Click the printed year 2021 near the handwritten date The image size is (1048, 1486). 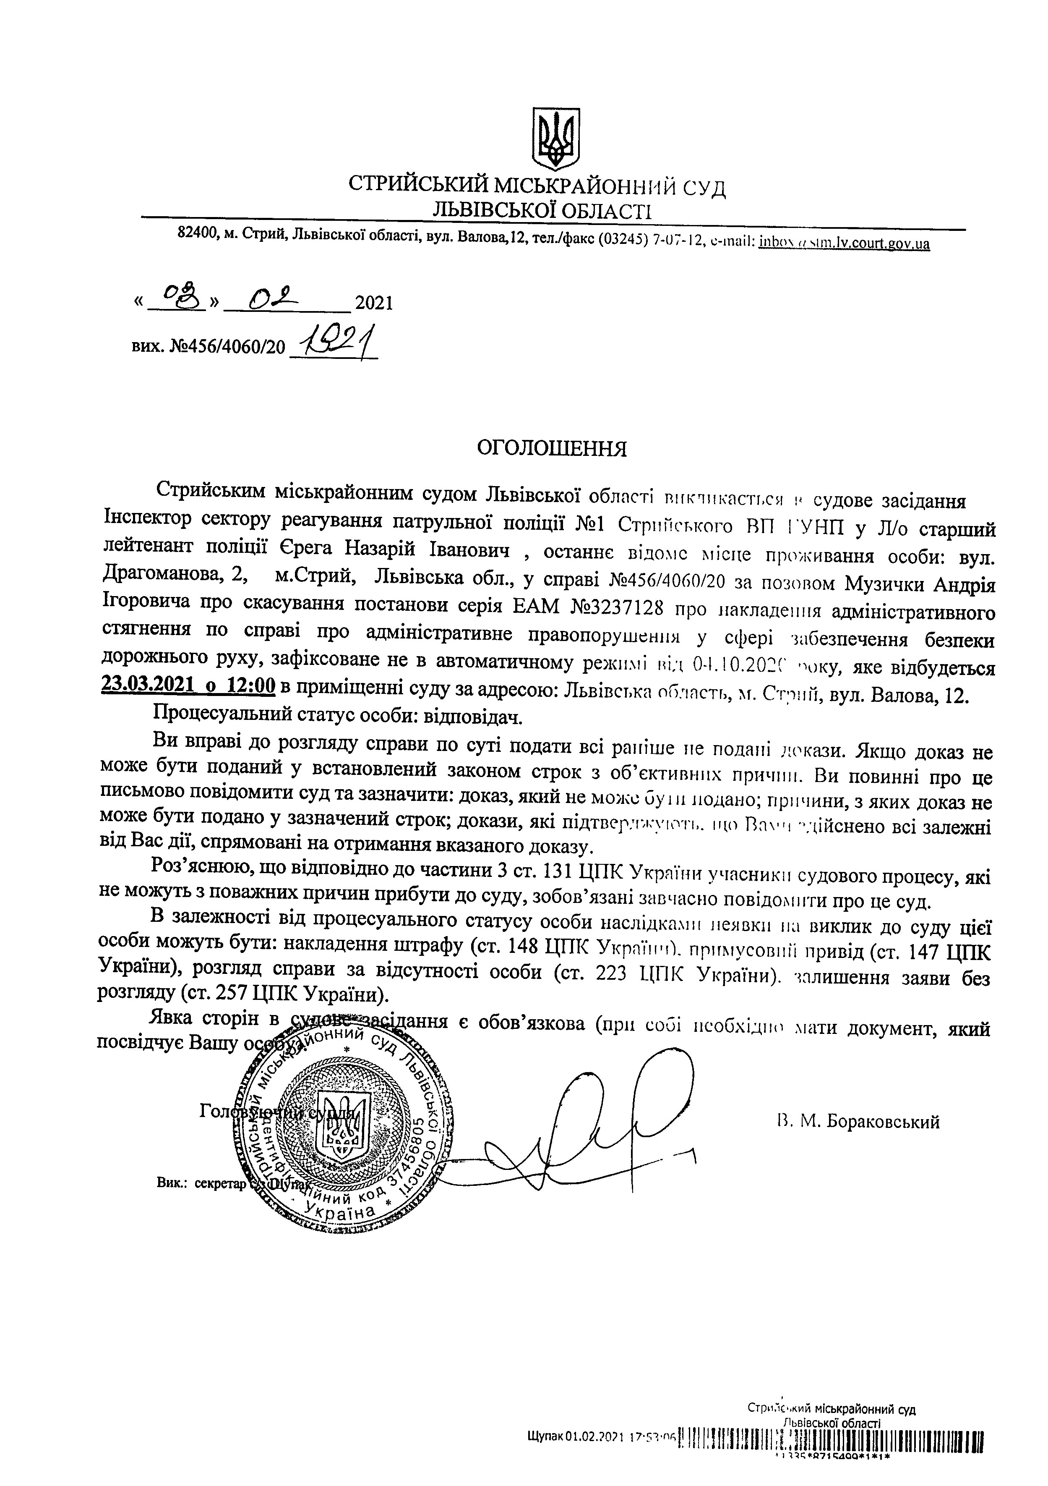pos(374,303)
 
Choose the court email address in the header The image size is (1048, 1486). pos(844,244)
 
